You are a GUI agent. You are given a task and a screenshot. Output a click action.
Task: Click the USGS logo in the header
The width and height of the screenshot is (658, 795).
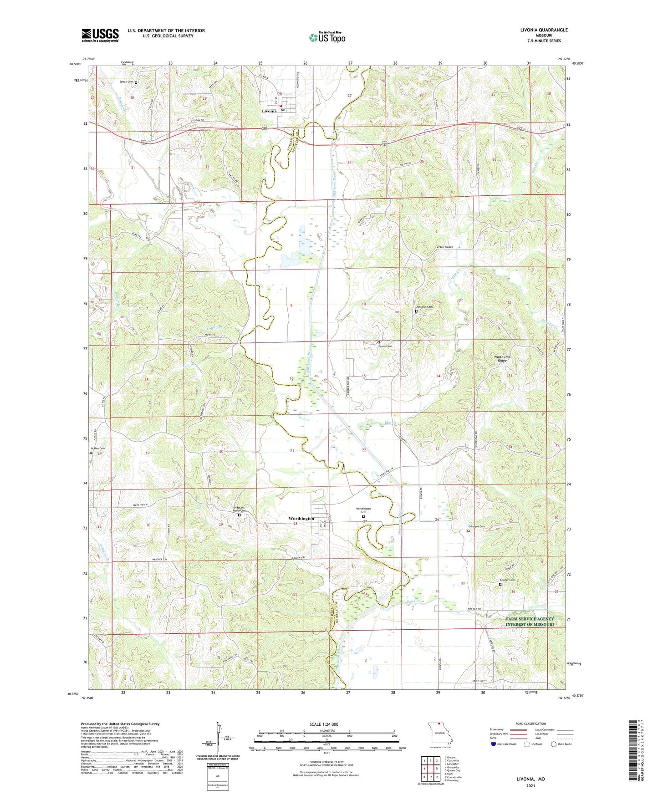point(100,35)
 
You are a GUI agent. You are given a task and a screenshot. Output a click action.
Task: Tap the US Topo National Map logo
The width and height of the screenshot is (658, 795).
point(327,37)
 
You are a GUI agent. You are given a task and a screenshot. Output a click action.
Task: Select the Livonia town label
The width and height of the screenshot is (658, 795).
point(269,111)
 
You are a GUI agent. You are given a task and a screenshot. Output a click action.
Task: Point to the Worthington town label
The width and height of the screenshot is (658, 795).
point(301,519)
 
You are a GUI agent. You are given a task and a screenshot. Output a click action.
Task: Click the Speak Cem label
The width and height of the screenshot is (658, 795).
point(126,82)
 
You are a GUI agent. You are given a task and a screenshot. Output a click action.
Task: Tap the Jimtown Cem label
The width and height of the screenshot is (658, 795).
point(424,307)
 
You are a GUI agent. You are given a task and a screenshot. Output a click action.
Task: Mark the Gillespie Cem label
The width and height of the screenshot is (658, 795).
point(476,527)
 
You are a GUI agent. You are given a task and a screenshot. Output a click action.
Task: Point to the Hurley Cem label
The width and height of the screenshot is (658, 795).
point(97,448)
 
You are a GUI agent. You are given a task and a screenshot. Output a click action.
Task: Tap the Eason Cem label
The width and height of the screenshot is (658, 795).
point(385,346)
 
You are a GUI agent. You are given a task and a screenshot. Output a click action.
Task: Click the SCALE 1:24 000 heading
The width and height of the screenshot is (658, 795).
point(324,724)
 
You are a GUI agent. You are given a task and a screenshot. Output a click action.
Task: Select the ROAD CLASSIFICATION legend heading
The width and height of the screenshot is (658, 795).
point(530,724)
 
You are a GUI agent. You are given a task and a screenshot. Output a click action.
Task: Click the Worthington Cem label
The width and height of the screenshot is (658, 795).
point(363,510)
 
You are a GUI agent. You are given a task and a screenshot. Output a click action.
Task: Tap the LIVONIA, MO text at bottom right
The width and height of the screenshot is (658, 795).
point(530,779)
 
